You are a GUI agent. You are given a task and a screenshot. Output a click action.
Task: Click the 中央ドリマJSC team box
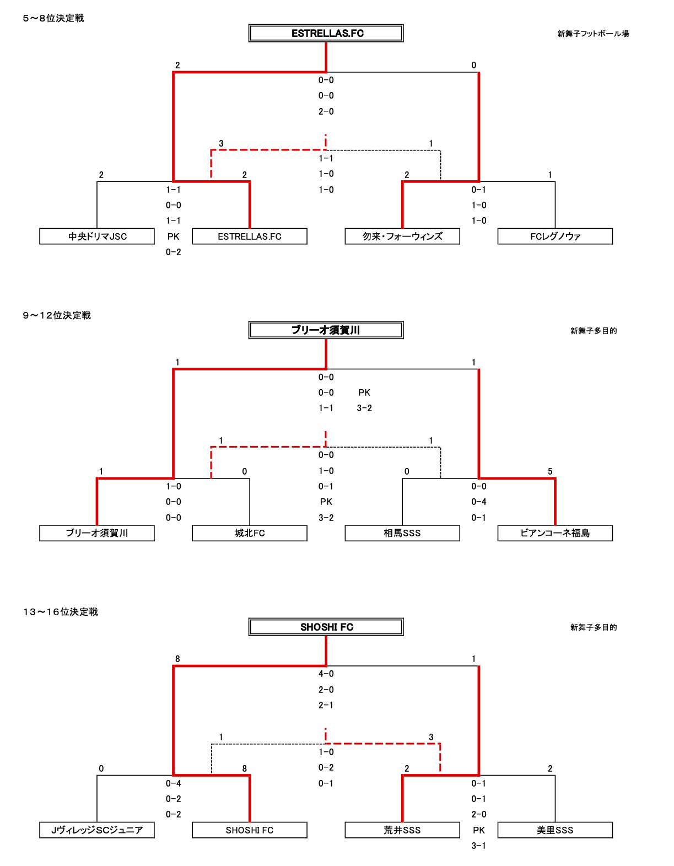97,236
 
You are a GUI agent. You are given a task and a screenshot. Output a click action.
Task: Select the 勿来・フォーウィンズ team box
402,236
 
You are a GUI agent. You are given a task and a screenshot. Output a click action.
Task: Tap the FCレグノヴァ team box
555,236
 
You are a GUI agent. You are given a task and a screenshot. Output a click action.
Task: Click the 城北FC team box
250,533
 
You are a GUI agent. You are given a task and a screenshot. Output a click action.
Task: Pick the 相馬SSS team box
402,533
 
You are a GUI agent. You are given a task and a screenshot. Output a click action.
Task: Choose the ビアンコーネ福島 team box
555,533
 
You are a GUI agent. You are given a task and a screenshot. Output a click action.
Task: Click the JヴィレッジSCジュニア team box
97,830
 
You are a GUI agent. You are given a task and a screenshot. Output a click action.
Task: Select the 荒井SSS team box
402,830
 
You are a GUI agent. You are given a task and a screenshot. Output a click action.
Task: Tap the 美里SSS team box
555,830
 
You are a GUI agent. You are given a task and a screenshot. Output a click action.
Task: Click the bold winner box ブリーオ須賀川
326,330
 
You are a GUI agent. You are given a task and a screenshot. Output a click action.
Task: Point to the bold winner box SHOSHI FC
326,627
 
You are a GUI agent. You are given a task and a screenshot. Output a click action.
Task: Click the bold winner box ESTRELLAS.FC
326,33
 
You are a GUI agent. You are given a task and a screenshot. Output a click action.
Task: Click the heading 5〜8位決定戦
53,18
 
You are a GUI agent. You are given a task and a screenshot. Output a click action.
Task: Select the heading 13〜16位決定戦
61,612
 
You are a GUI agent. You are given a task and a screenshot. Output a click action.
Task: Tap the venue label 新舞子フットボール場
593,34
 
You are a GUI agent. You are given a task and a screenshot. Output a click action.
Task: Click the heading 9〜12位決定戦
57,315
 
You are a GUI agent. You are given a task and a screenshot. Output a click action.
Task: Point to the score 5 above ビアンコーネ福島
550,471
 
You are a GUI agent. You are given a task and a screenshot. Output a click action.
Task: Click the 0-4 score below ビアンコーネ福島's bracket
479,502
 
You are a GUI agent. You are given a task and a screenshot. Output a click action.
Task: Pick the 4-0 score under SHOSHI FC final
326,674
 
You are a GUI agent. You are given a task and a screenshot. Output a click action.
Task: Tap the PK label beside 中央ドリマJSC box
174,236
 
